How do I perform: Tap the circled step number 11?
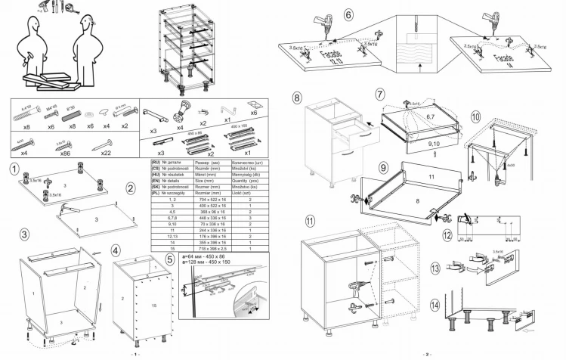point(310,221)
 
